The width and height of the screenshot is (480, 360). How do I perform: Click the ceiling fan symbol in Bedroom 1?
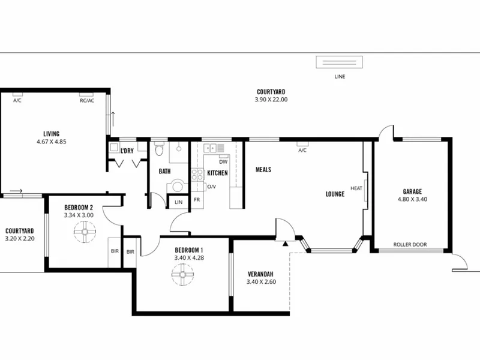(x=182, y=275)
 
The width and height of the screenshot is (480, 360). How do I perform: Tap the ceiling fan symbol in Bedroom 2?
(x=85, y=232)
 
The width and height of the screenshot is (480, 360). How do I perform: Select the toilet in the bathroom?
(x=158, y=149)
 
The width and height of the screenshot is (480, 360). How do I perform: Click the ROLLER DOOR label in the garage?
(x=410, y=245)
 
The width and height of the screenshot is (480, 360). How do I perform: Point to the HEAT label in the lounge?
(x=356, y=188)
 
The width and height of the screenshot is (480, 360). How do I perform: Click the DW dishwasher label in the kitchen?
(x=223, y=162)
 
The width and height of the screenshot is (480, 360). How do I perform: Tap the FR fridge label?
(x=197, y=200)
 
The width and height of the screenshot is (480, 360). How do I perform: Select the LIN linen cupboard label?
(x=178, y=202)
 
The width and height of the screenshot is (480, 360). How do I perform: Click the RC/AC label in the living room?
(x=87, y=100)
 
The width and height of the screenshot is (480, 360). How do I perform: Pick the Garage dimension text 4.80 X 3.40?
(x=412, y=199)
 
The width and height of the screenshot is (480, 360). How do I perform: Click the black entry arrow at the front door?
(x=286, y=244)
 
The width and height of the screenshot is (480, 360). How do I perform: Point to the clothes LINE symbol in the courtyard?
(x=340, y=62)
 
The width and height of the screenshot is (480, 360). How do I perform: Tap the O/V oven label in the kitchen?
(x=212, y=187)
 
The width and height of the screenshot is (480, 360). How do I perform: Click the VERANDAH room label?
(x=260, y=274)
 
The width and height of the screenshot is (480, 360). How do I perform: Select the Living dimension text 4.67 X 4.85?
(x=52, y=142)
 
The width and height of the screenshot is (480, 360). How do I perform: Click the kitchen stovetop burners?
(x=197, y=175)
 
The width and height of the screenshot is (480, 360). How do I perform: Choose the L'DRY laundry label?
(x=127, y=151)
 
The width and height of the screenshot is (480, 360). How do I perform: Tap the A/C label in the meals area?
(x=302, y=151)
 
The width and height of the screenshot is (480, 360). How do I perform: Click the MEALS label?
(x=263, y=170)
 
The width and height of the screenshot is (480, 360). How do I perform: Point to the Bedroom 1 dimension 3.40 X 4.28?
(x=189, y=258)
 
